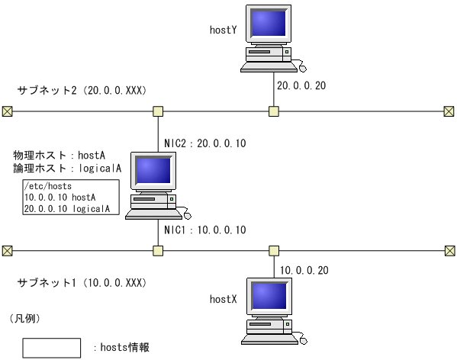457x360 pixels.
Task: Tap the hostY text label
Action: pyautogui.click(x=223, y=30)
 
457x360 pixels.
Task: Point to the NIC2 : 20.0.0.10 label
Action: pyautogui.click(x=205, y=143)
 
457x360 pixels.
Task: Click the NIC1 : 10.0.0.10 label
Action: pyautogui.click(x=205, y=229)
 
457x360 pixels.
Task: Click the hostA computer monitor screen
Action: pyautogui.click(x=153, y=172)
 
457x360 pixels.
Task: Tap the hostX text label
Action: pyautogui.click(x=224, y=301)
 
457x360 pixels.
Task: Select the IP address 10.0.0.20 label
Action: pyautogui.click(x=305, y=270)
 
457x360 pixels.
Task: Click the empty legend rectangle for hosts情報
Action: pyautogui.click(x=51, y=347)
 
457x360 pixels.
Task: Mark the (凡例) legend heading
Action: pyautogui.click(x=24, y=317)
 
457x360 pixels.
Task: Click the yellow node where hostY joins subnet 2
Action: pyautogui.click(x=274, y=112)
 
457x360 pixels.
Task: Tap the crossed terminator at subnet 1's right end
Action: pyautogui.click(x=449, y=249)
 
